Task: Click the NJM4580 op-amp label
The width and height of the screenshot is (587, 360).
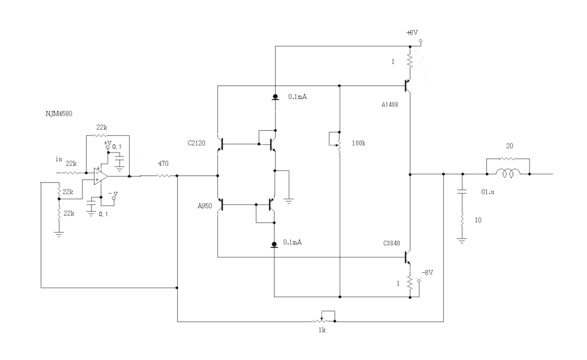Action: point(59,114)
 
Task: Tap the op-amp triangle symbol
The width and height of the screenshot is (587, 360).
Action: point(100,176)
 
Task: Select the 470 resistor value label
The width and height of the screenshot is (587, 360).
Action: point(163,163)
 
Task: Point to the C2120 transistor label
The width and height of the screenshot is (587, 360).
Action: point(196,143)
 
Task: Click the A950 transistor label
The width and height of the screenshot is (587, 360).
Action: point(205,206)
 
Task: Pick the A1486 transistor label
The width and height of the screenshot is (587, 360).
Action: point(390,105)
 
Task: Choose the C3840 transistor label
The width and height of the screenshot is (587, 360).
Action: point(392,243)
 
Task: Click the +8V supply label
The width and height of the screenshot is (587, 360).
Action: point(412,33)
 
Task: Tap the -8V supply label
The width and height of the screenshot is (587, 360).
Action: point(427,272)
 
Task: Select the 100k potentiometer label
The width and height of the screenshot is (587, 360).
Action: point(359,143)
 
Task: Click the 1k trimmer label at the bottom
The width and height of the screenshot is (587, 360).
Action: point(322,330)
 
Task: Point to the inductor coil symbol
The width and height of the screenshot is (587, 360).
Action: point(508,173)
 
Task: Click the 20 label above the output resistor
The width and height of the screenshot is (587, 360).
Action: point(510,146)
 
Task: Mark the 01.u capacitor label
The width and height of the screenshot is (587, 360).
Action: point(487,192)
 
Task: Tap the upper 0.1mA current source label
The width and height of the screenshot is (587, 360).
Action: point(298,97)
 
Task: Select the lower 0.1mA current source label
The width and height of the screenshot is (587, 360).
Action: point(292,242)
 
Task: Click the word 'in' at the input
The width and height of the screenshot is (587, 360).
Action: point(59,159)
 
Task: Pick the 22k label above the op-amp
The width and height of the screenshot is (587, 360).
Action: point(102,127)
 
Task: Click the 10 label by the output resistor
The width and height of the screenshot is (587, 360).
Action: point(478,220)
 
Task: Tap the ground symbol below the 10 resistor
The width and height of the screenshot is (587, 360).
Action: point(462,241)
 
